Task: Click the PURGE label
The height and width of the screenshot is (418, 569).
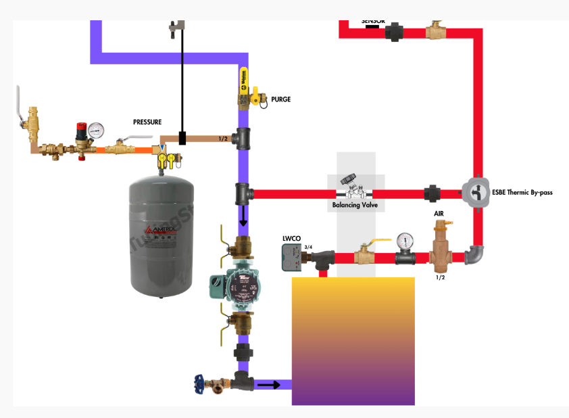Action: click(x=280, y=99)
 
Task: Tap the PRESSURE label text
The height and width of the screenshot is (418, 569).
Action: click(x=147, y=122)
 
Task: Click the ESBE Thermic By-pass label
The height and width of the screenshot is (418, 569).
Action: click(x=522, y=193)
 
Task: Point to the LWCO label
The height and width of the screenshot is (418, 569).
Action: click(x=291, y=239)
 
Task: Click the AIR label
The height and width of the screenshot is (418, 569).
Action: click(x=439, y=214)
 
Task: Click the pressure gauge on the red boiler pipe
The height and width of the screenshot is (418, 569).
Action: click(x=405, y=241)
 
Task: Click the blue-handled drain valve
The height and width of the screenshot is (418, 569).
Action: click(x=199, y=381)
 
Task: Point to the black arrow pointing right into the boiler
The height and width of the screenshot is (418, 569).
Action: click(x=268, y=385)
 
